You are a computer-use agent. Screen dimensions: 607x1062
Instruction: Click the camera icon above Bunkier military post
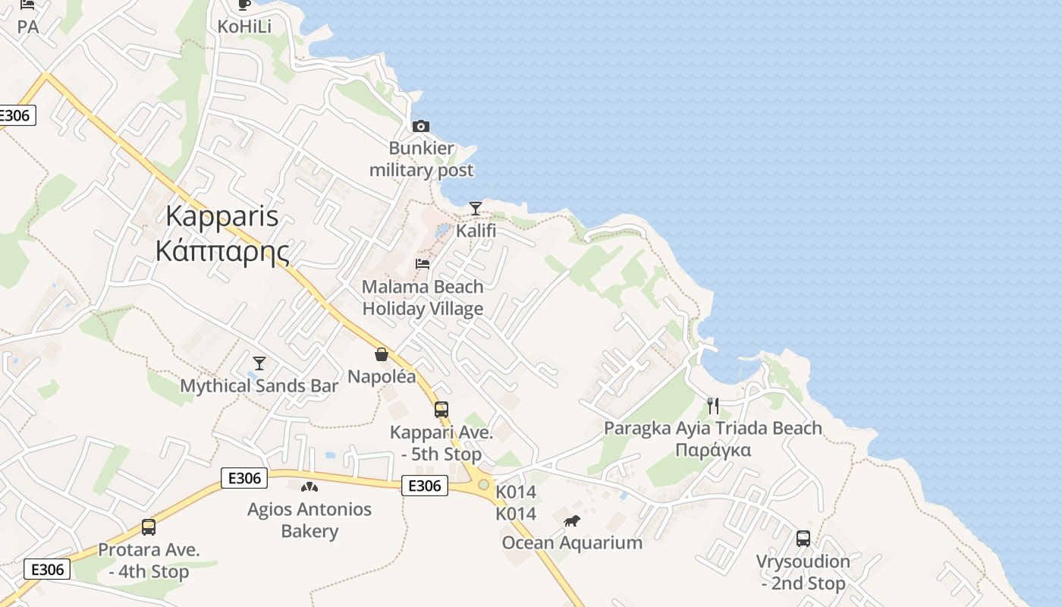tap(420, 126)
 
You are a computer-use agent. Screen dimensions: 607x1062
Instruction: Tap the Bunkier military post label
tap(422, 159)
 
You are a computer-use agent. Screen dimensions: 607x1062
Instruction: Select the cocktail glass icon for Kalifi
tap(476, 208)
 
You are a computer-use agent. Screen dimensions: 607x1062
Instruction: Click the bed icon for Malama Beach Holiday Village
tap(423, 264)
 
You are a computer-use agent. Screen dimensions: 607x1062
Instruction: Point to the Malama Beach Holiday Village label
tap(423, 297)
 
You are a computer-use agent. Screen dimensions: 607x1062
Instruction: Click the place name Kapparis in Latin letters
tap(222, 216)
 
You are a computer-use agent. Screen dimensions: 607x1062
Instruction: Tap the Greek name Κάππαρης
tap(222, 250)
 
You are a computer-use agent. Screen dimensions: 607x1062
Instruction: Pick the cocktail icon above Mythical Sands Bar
tap(259, 363)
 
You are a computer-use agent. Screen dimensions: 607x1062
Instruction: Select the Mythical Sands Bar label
tap(259, 385)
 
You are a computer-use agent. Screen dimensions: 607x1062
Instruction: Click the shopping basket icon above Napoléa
tap(382, 354)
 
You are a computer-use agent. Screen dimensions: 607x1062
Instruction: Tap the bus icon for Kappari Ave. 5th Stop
tap(441, 410)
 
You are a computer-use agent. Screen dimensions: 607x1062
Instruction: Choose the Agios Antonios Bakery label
tap(309, 520)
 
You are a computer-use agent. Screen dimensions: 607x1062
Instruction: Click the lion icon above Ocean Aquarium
tap(572, 521)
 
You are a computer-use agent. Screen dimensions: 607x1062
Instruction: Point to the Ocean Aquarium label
tap(572, 543)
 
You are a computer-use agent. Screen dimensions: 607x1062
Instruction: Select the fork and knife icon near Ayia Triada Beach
tap(712, 406)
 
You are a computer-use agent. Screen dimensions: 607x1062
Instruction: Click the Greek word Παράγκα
tap(713, 450)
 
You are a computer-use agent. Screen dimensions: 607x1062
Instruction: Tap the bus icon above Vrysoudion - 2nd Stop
tap(803, 539)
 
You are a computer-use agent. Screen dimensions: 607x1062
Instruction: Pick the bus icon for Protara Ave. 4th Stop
tap(149, 527)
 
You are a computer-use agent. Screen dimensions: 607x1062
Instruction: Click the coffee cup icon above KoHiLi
tap(244, 5)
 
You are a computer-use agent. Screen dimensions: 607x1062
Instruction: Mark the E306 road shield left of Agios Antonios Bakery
tap(244, 478)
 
